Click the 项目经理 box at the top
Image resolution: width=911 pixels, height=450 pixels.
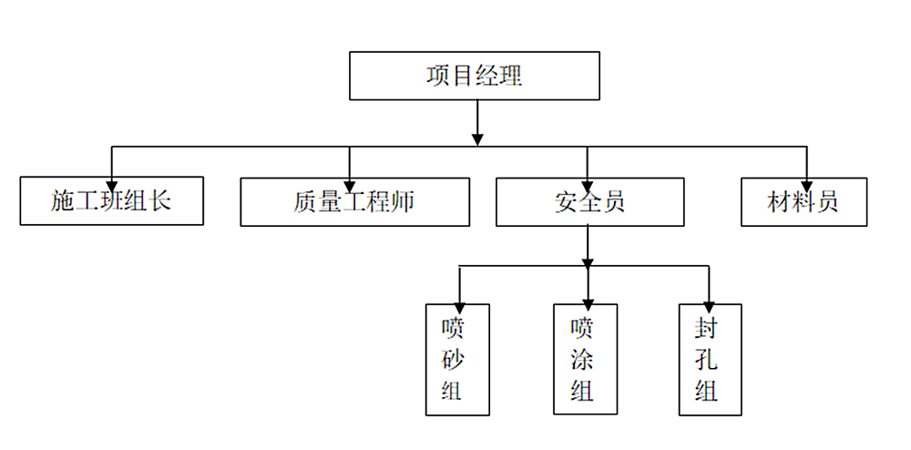point(475,76)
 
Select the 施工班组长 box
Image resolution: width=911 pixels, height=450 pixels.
point(111,201)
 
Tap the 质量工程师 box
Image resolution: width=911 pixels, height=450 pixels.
point(354,201)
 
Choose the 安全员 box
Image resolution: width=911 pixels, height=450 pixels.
point(589,201)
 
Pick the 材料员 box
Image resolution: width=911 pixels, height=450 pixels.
point(803,201)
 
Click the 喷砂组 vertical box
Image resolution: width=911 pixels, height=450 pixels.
point(457,360)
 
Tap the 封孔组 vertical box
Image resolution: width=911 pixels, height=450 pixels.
point(710,360)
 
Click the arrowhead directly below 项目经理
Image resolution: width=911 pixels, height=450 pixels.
point(477,138)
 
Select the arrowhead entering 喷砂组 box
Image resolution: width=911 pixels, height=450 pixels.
point(459,298)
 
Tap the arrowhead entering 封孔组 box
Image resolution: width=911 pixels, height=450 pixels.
point(710,298)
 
